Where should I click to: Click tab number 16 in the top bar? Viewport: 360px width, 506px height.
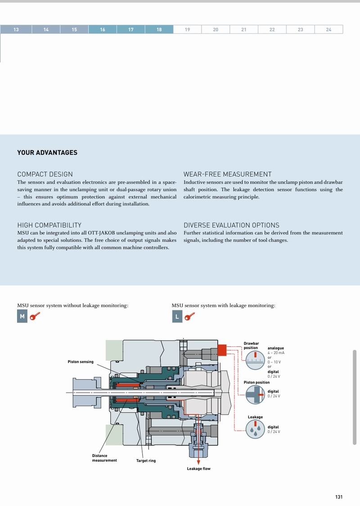[103, 30]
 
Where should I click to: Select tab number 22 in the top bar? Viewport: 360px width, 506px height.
[272, 30]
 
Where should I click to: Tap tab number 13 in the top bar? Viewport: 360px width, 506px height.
[16, 30]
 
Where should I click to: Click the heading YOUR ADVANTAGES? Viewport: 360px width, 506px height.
[47, 152]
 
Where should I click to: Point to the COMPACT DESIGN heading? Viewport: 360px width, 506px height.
[45, 174]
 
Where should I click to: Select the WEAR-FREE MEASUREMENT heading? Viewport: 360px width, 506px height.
[227, 174]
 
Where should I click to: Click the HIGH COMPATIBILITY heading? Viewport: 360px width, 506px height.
[49, 225]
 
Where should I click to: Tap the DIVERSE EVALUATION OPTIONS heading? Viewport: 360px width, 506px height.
[231, 225]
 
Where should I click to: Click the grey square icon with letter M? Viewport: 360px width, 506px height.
[22, 317]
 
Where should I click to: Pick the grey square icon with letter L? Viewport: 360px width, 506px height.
[177, 317]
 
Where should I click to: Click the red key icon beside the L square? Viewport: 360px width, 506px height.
[189, 317]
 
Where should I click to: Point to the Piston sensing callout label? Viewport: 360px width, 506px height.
[81, 362]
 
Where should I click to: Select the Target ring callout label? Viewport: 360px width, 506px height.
[146, 461]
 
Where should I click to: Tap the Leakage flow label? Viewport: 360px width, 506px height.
[198, 469]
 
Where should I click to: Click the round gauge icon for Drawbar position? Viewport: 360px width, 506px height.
[255, 360]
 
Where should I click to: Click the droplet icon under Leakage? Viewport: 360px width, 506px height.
[255, 430]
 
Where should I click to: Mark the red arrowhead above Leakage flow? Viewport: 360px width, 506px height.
[198, 460]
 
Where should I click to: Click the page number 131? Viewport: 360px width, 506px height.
[339, 497]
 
